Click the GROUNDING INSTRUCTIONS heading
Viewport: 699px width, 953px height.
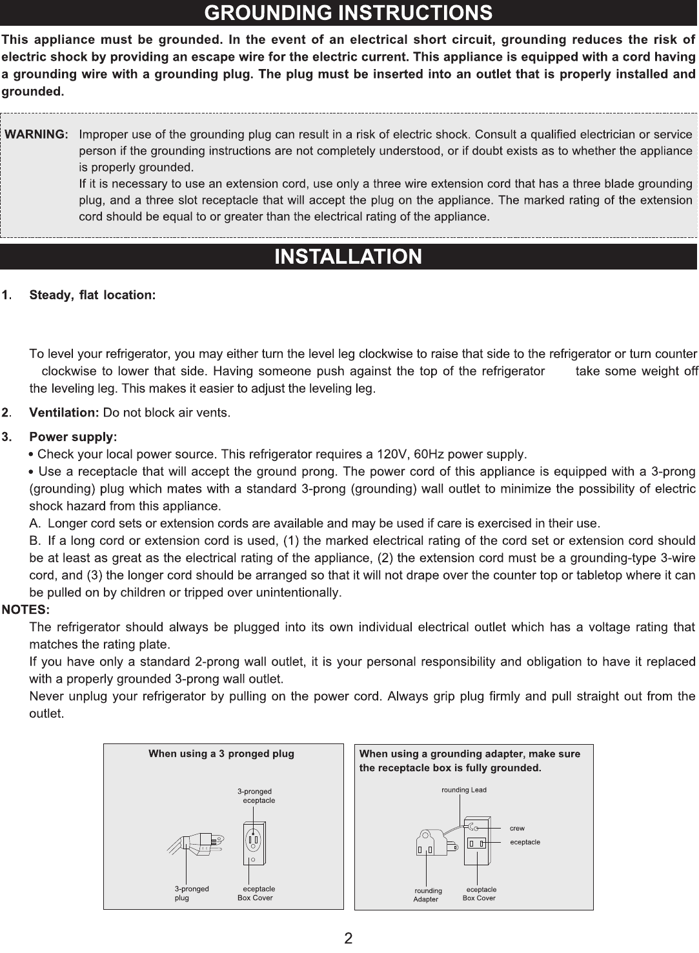349,13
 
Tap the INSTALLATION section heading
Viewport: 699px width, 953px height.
349,257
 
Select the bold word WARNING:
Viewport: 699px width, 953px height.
37,135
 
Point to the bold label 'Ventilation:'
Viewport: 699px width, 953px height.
64,412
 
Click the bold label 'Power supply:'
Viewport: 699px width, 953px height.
73,437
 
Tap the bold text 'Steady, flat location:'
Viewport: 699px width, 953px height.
92,295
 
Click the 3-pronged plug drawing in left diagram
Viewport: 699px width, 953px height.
197,841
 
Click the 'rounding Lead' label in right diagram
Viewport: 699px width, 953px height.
463,790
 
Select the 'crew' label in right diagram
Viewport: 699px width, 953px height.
517,828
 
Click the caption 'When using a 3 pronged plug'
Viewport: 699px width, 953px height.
221,754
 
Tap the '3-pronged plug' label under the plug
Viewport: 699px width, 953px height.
191,893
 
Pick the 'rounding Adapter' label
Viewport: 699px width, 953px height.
427,895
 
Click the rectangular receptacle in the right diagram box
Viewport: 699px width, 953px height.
478,843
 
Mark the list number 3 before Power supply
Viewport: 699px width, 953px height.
6,437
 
